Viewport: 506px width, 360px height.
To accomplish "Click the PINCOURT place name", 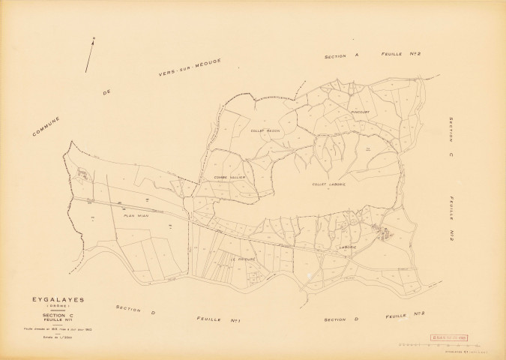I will pos(361,112).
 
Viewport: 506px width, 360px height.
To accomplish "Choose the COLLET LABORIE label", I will pos(330,183).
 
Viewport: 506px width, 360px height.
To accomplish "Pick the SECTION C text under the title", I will pos(55,316).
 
